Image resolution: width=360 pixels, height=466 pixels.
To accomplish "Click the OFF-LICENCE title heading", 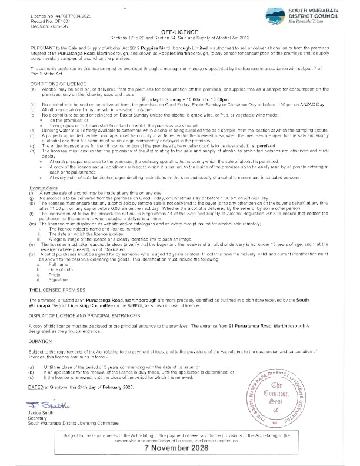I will click(x=179, y=30).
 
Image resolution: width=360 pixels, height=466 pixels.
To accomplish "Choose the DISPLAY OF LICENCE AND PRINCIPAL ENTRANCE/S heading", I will click(x=84, y=315).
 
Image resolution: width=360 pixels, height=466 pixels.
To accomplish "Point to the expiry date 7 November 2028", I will click(x=179, y=448).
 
